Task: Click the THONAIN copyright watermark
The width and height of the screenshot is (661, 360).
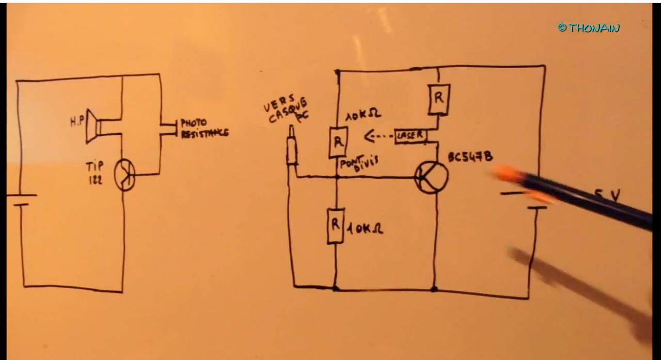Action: click(588, 27)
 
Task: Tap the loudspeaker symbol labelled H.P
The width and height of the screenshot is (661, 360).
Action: click(96, 126)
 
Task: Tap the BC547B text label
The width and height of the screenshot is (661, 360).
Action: click(469, 156)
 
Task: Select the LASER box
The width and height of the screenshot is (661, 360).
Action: click(411, 136)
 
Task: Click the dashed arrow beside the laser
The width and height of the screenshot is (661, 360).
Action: click(378, 137)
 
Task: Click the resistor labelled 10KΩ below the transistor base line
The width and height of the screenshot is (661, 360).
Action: click(336, 226)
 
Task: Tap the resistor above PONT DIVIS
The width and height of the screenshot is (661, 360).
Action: click(338, 142)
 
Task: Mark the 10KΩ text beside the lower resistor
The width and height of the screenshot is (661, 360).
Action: click(365, 229)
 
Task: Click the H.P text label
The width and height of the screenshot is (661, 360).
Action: click(77, 123)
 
